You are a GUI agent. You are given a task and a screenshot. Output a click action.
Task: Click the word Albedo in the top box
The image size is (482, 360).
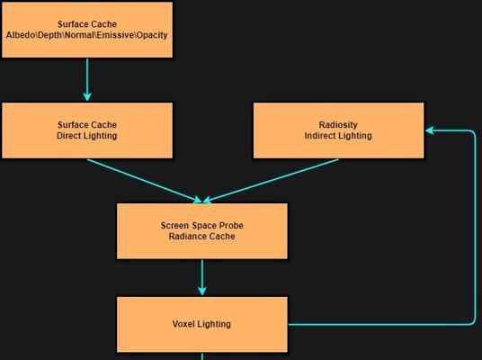click(21, 35)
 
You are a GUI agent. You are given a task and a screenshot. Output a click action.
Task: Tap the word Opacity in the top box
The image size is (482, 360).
click(152, 35)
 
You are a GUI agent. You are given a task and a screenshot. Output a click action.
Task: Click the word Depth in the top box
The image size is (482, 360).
click(50, 35)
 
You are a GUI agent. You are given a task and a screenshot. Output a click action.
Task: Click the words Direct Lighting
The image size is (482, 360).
click(87, 136)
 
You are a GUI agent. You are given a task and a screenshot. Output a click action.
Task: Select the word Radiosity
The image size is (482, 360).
click(338, 125)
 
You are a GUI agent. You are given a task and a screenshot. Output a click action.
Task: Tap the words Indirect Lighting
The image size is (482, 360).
click(338, 136)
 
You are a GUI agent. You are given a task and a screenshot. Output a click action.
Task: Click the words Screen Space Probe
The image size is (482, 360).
click(202, 226)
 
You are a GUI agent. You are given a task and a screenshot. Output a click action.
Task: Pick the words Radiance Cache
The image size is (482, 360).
click(202, 237)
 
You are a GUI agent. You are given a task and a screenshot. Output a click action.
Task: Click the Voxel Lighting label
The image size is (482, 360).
click(201, 324)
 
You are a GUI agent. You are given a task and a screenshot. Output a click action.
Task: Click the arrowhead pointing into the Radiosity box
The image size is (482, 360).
click(430, 130)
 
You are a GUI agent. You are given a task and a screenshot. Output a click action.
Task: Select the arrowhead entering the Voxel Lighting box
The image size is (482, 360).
click(202, 291)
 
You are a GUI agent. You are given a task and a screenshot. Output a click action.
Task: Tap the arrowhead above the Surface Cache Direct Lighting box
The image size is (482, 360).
click(87, 96)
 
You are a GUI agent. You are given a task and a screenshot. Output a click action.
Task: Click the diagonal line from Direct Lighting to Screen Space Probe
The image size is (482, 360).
click(145, 181)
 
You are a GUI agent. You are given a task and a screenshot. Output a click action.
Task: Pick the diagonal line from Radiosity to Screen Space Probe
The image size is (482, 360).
click(271, 181)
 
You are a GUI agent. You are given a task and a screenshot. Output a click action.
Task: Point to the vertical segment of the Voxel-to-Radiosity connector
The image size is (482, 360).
click(475, 228)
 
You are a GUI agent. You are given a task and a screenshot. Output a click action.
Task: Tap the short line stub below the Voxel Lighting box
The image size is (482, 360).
click(202, 356)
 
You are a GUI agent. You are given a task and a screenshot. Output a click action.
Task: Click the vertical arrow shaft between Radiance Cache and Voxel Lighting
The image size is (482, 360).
click(202, 274)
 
